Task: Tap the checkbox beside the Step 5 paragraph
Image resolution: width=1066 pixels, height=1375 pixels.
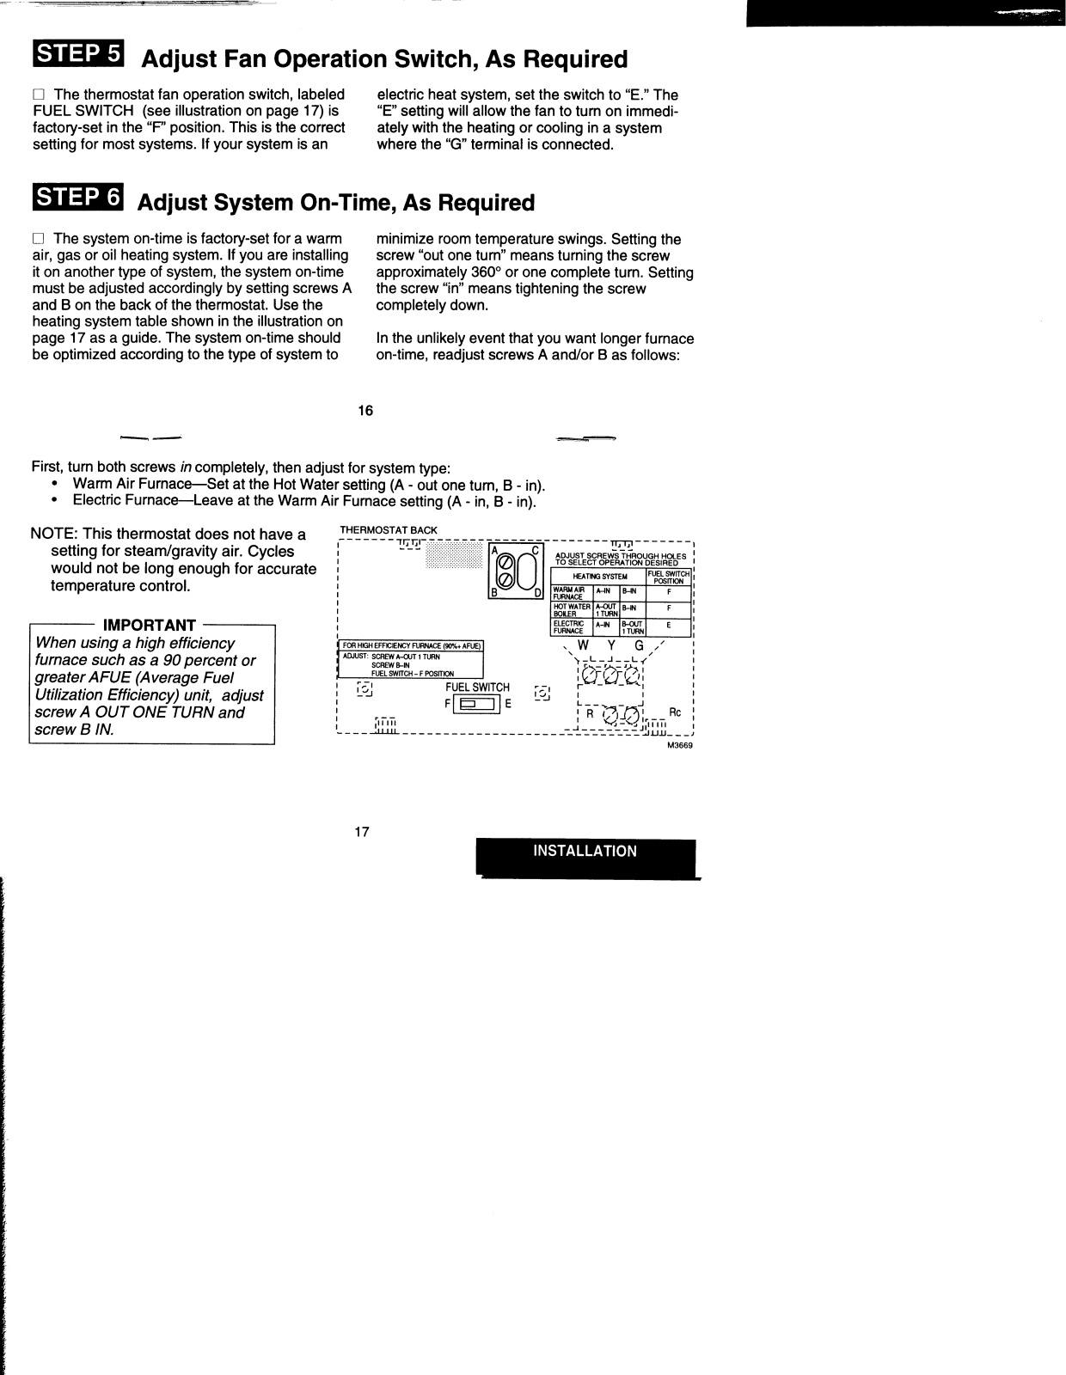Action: (x=38, y=95)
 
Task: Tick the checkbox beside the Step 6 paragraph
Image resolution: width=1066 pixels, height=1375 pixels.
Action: (x=38, y=239)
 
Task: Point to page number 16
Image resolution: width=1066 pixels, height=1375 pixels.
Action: (x=365, y=411)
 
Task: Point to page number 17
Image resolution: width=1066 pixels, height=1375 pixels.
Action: (x=362, y=832)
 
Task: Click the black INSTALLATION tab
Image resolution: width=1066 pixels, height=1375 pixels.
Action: (x=585, y=852)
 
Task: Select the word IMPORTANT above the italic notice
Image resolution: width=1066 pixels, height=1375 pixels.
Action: (x=150, y=625)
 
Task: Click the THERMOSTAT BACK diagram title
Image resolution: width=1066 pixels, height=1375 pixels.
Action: (x=389, y=530)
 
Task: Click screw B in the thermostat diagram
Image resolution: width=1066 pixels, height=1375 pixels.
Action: (x=506, y=582)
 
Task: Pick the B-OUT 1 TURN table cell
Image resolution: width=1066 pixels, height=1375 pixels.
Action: (x=632, y=627)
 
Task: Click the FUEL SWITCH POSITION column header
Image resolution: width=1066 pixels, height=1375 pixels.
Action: (x=668, y=577)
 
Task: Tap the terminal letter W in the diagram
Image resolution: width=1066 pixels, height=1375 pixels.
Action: (x=583, y=645)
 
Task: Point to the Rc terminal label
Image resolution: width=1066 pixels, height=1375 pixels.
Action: (x=675, y=712)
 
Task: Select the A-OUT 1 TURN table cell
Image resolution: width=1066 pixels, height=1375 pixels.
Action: (x=606, y=609)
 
